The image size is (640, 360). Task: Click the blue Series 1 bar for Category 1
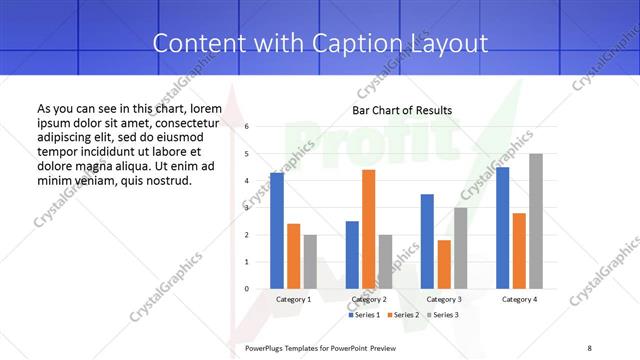[x=277, y=231]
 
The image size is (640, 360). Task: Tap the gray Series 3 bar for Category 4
[x=536, y=221]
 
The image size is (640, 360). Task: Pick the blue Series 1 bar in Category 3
[x=427, y=241]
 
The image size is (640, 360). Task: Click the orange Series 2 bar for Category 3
[x=444, y=264]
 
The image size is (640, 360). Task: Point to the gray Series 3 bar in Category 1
[x=310, y=262]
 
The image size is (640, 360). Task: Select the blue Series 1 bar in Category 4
[x=502, y=228]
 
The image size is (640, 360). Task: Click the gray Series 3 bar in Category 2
[x=385, y=262]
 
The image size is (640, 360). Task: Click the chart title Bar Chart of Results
[x=402, y=110]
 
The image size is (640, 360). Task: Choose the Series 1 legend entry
[x=365, y=315]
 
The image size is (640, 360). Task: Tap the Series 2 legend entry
[x=402, y=315]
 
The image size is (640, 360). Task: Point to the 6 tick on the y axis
[x=247, y=127]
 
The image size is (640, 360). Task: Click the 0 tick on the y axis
[x=247, y=289]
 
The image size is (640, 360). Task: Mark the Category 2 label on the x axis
[x=369, y=299]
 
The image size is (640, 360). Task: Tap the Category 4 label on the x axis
[x=519, y=299]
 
